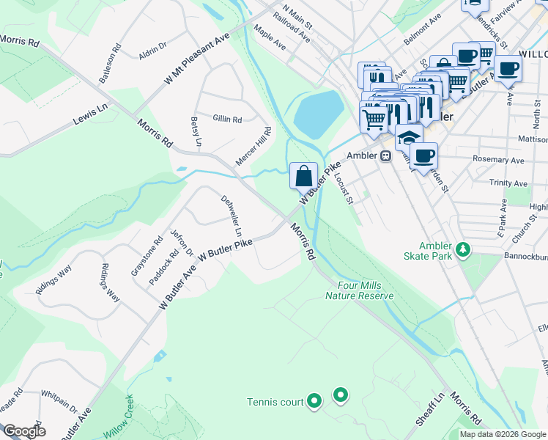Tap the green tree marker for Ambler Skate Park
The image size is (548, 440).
(x=462, y=251)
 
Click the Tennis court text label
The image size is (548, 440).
(x=275, y=402)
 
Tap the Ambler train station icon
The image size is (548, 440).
(x=384, y=155)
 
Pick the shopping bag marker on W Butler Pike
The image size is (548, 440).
(x=304, y=176)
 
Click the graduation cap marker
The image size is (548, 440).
(x=409, y=136)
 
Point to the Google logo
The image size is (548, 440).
(x=23, y=430)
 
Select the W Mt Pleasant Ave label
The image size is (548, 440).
(x=197, y=58)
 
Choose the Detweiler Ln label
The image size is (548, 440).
(x=232, y=215)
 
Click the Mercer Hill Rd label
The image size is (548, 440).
(x=253, y=145)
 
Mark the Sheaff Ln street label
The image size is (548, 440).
(x=430, y=407)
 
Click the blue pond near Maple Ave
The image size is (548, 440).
(x=319, y=114)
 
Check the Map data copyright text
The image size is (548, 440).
(x=501, y=434)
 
